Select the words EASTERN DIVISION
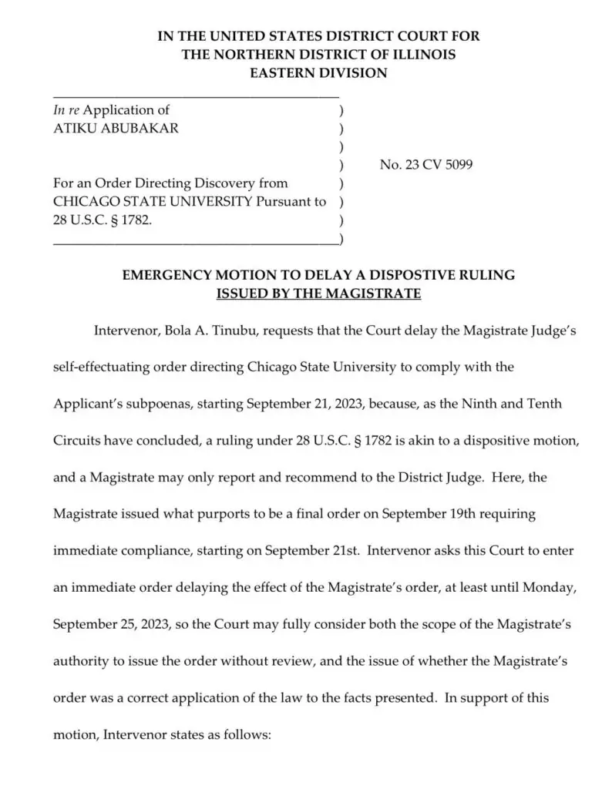click(318, 73)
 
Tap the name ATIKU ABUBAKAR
click(116, 129)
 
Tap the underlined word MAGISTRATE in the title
click(372, 294)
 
